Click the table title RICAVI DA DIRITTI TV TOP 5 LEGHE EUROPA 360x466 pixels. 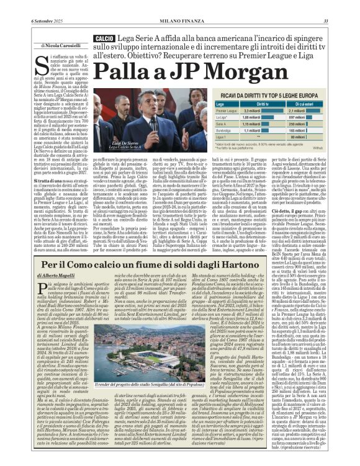265,96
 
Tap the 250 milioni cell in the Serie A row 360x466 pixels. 296,123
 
